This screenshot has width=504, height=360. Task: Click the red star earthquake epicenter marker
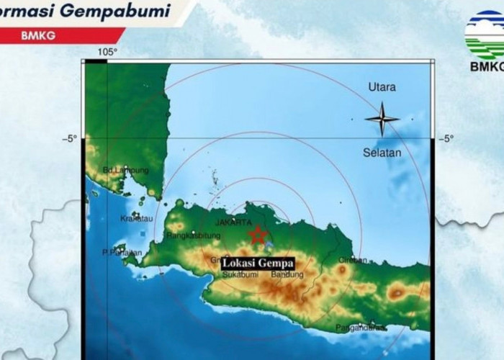pyautogui.click(x=257, y=234)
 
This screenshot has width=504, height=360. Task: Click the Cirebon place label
pyautogui.click(x=353, y=260)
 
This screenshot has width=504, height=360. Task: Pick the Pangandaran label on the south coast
pyautogui.click(x=359, y=328)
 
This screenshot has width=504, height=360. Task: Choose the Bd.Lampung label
pyautogui.click(x=126, y=171)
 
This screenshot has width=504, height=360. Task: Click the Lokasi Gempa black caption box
pyautogui.click(x=257, y=264)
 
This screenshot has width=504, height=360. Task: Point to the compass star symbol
pyautogui.click(x=382, y=118)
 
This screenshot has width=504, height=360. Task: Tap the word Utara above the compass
pyautogui.click(x=382, y=87)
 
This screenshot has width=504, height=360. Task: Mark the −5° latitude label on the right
pyautogui.click(x=446, y=138)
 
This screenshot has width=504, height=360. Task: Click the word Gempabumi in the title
pyautogui.click(x=127, y=12)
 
